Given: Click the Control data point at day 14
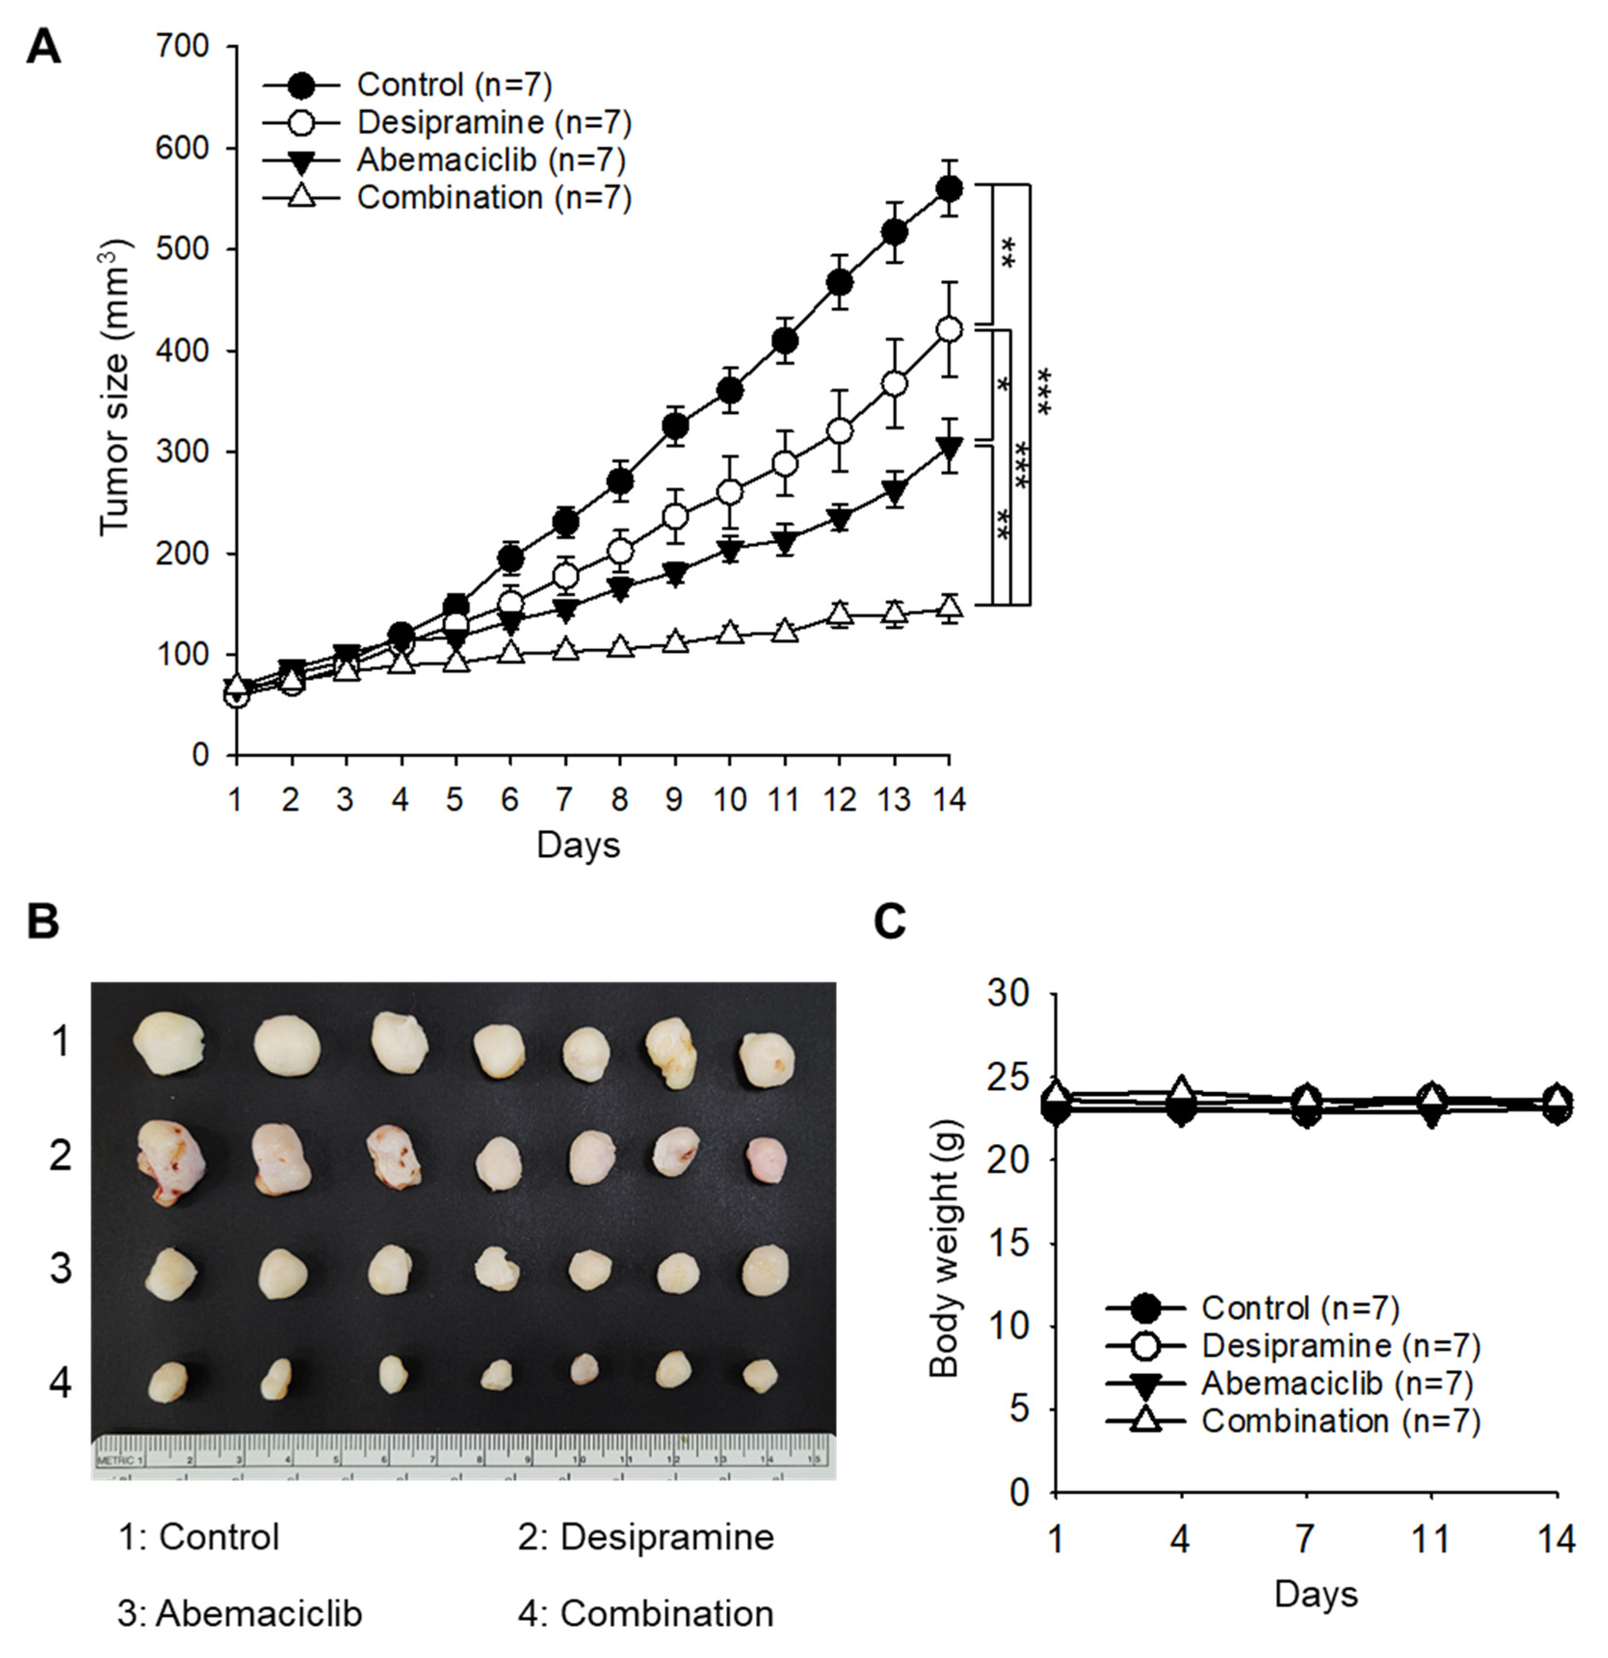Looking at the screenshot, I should pyautogui.click(x=949, y=188).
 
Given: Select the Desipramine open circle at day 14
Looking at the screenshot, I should pyautogui.click(x=949, y=329).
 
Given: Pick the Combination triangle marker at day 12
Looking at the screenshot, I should pyautogui.click(x=839, y=612).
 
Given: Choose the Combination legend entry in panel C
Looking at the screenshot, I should pyautogui.click(x=1294, y=1421).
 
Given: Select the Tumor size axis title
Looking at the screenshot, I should pyautogui.click(x=116, y=387).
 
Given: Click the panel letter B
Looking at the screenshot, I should pyautogui.click(x=43, y=921).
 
